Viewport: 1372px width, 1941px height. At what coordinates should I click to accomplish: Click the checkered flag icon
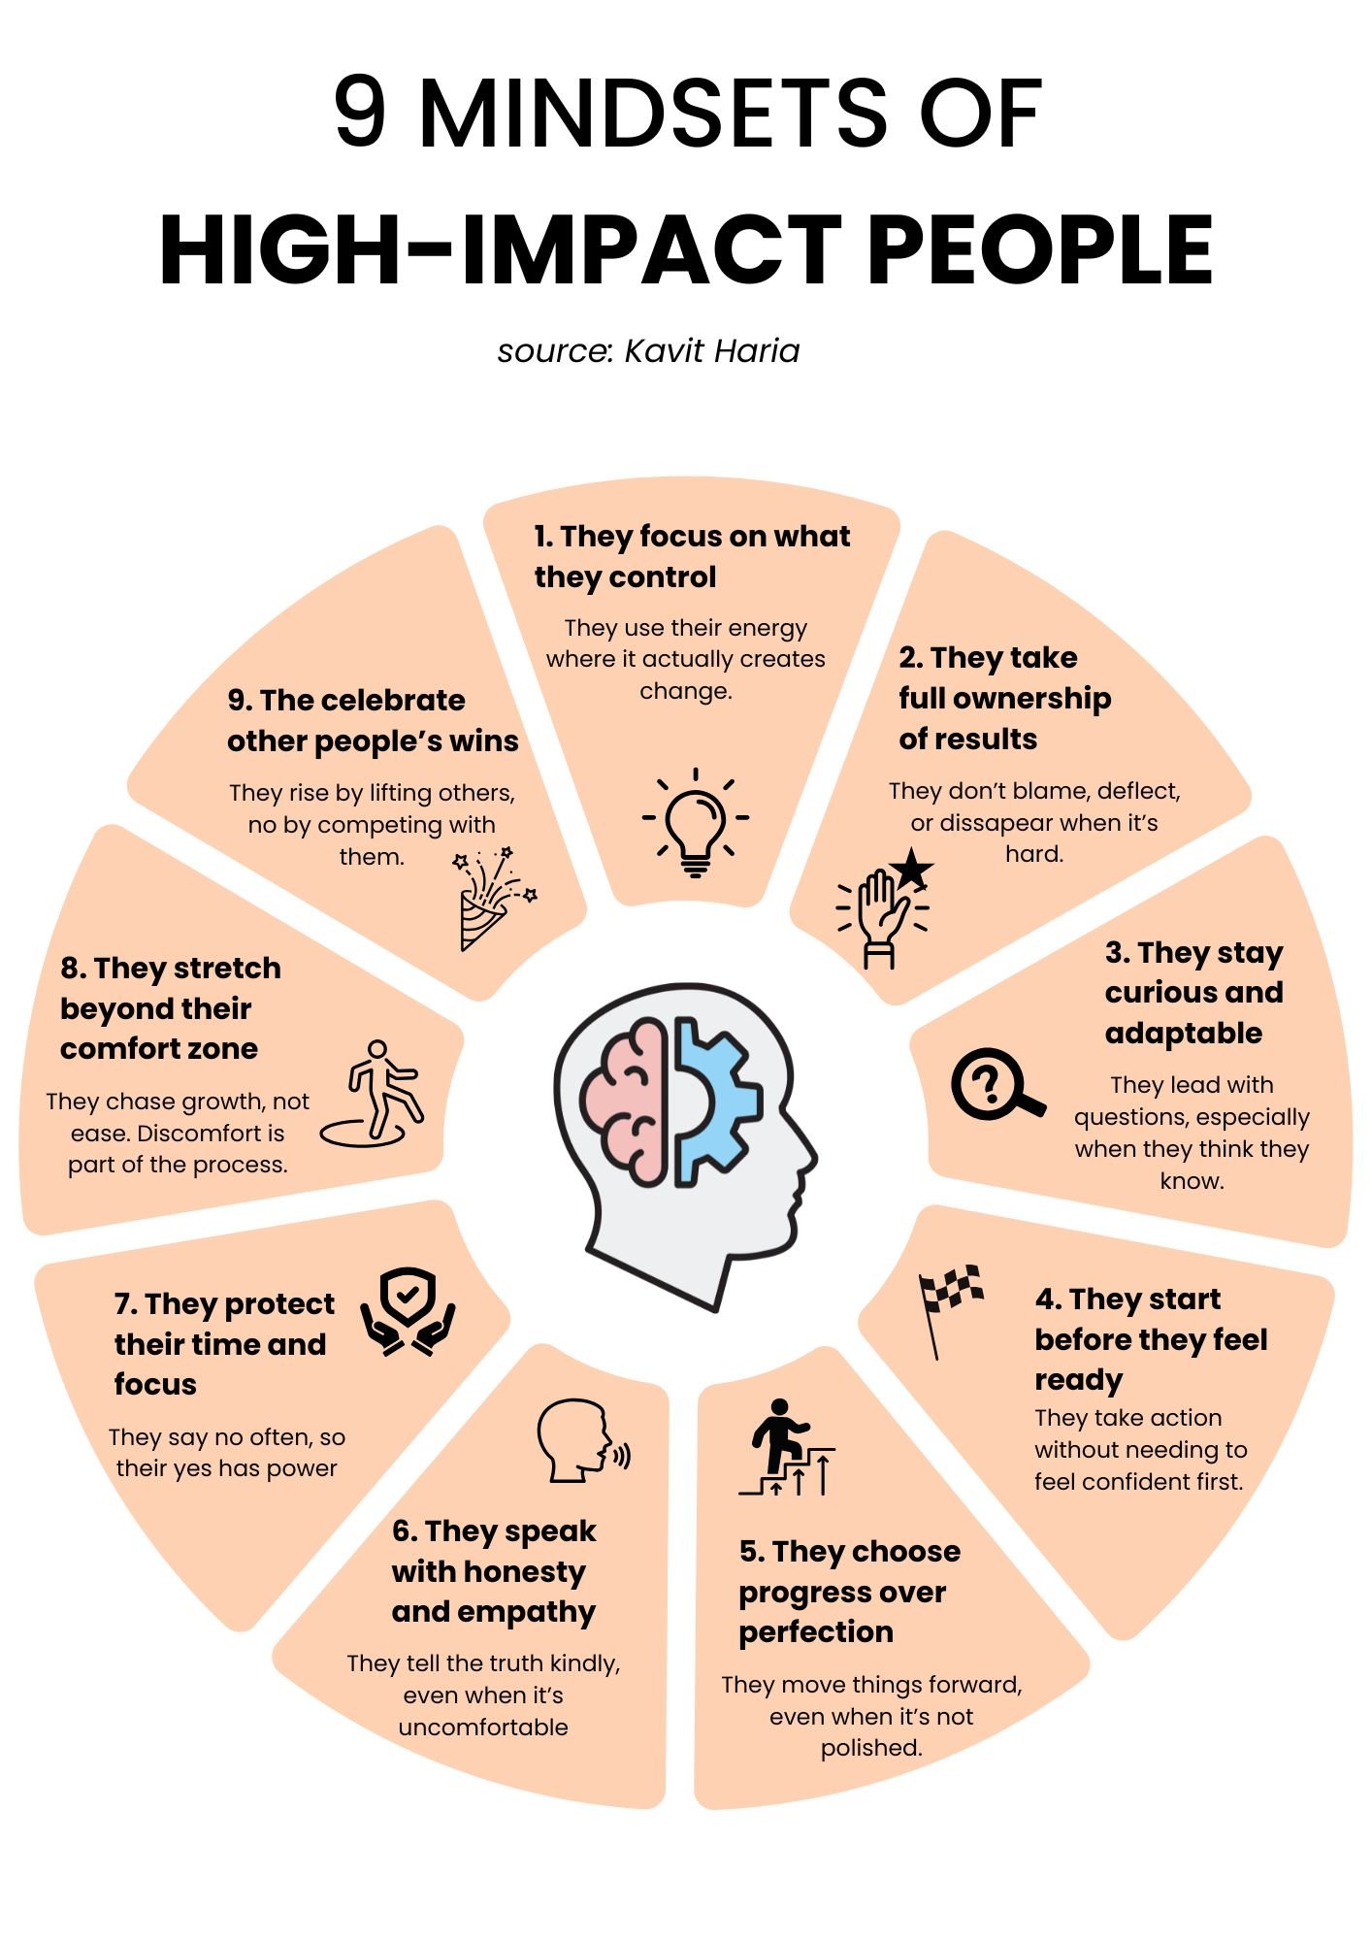tap(948, 1305)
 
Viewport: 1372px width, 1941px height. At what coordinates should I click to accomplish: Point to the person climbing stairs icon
tap(786, 1447)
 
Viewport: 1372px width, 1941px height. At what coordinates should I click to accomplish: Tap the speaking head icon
tap(582, 1440)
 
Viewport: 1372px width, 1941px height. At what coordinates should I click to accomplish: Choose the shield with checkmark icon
tap(408, 1311)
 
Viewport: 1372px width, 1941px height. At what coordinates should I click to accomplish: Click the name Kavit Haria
tap(711, 351)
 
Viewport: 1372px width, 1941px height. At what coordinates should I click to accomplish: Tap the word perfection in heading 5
tap(816, 1631)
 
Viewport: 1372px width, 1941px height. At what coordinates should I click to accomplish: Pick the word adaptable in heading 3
tap(1183, 1033)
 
